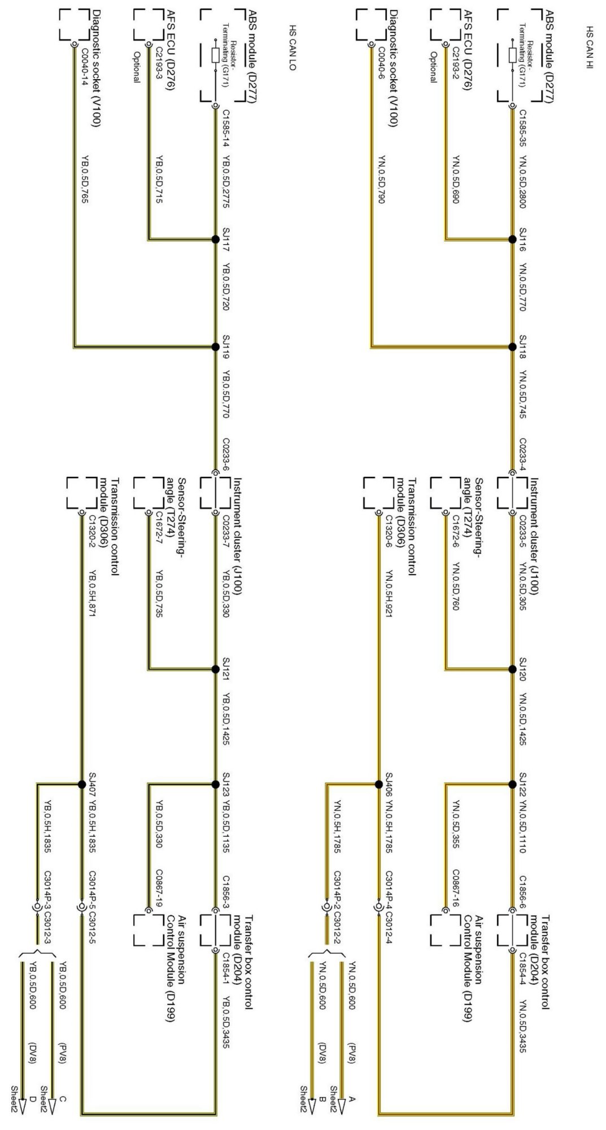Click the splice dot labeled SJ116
[513, 240]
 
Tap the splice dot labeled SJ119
[215, 347]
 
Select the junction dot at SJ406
[378, 784]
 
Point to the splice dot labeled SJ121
[215, 670]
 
